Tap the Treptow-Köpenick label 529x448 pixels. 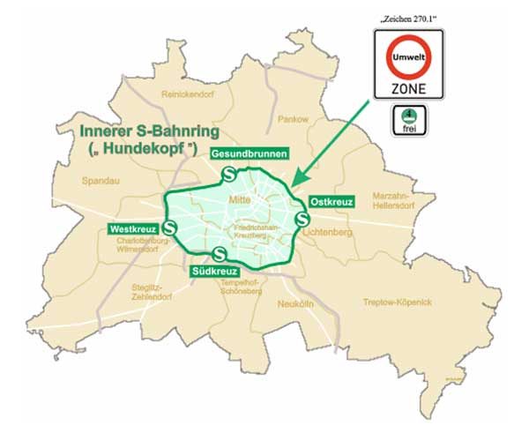coord(398,302)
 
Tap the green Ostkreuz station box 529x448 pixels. coord(332,202)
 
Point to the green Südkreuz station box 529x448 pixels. coord(214,272)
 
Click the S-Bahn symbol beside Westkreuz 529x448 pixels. coord(170,228)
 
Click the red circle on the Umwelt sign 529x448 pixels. coord(408,58)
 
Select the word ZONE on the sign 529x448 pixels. coord(408,88)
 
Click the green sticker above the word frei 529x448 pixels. coord(408,114)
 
